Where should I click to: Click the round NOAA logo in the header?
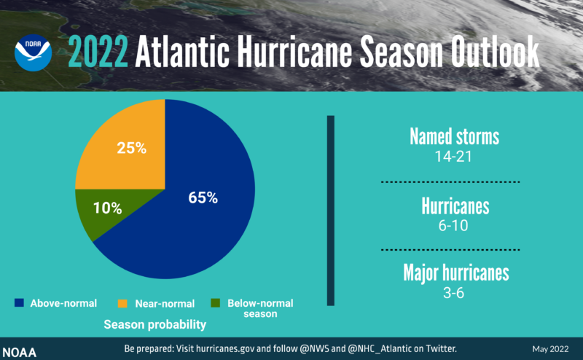coord(33,52)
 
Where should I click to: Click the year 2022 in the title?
coord(98,52)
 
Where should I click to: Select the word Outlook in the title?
coord(496,52)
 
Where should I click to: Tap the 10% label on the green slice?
coord(106,208)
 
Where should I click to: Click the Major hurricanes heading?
coord(455,273)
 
